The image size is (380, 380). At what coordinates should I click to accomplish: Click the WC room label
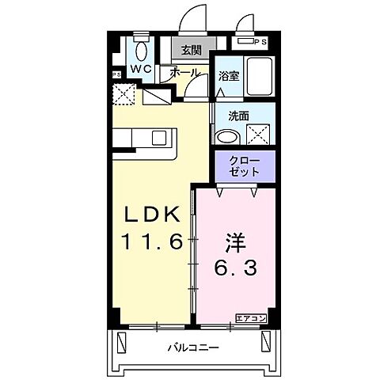[141, 69]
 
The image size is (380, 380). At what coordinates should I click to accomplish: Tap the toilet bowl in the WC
[141, 51]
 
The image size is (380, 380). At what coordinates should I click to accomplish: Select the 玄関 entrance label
[190, 51]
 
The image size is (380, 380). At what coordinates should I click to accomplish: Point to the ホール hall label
[185, 71]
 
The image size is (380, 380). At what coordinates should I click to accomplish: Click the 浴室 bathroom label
[230, 77]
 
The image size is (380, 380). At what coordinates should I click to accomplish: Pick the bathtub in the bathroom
[258, 76]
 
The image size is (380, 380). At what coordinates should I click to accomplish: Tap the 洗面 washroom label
[239, 115]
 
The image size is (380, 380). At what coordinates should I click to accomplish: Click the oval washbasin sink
[227, 136]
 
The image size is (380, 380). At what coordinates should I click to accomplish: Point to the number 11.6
[155, 240]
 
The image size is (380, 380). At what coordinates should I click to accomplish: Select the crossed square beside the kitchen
[125, 94]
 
